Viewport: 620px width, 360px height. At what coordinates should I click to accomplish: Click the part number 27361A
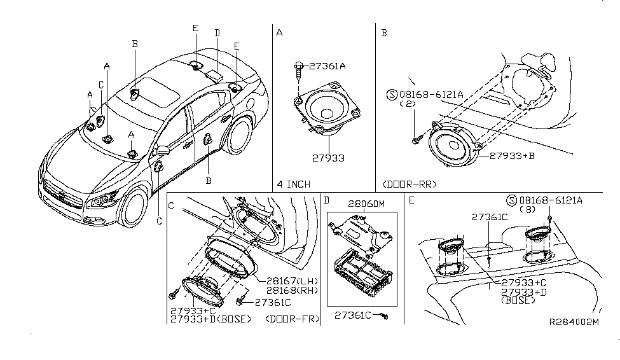pyautogui.click(x=327, y=66)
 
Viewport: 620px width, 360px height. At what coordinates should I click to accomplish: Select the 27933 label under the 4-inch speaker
pyautogui.click(x=328, y=158)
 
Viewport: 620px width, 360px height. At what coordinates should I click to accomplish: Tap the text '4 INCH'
pyautogui.click(x=293, y=184)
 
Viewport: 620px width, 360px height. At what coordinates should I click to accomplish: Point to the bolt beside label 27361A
pyautogui.click(x=299, y=71)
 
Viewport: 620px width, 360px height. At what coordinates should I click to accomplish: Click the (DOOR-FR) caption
pyautogui.click(x=293, y=319)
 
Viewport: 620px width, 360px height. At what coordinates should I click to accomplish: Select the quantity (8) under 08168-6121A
pyautogui.click(x=527, y=209)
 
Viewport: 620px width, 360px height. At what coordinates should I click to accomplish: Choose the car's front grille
pyautogui.click(x=62, y=195)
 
